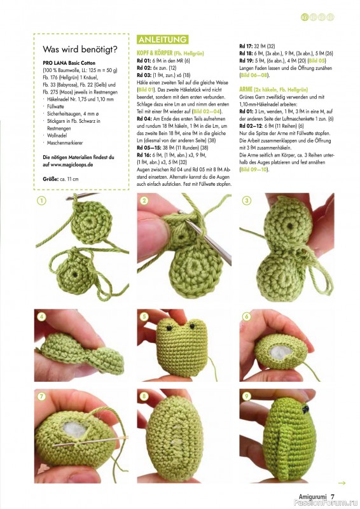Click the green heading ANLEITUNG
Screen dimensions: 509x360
click(x=162, y=39)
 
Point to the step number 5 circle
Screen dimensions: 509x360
click(x=144, y=316)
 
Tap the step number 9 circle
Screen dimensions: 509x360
click(x=246, y=396)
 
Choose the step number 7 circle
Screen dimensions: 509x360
click(x=41, y=396)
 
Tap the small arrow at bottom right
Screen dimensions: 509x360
click(x=342, y=483)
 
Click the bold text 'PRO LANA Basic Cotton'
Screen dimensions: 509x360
click(x=67, y=63)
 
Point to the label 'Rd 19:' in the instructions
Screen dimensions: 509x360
click(x=247, y=60)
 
